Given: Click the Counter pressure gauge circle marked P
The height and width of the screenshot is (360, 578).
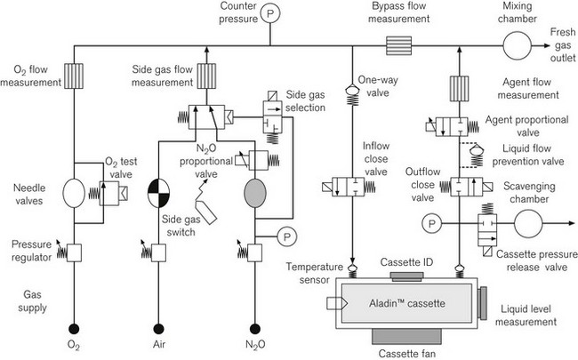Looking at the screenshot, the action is pyautogui.click(x=270, y=13).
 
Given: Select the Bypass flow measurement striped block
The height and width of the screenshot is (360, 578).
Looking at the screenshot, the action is pyautogui.click(x=399, y=45).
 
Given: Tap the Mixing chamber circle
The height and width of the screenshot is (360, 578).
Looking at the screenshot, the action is pyautogui.click(x=518, y=45).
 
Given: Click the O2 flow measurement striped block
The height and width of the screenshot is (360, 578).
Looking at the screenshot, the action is pyautogui.click(x=74, y=76).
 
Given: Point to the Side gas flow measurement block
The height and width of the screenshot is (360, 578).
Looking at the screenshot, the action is pyautogui.click(x=206, y=76).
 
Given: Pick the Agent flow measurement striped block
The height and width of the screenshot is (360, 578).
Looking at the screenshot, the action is pyautogui.click(x=460, y=88).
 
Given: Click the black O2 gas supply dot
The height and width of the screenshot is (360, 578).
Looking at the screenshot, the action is pyautogui.click(x=74, y=328).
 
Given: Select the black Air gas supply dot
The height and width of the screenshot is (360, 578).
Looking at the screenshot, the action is pyautogui.click(x=159, y=328).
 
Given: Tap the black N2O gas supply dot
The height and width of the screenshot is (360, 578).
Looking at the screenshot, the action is pyautogui.click(x=254, y=328).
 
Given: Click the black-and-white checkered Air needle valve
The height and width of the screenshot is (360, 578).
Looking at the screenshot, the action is pyautogui.click(x=159, y=193).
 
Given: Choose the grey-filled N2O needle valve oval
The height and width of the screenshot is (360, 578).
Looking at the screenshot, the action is pyautogui.click(x=255, y=193).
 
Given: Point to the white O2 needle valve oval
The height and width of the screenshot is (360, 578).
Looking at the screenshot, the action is pyautogui.click(x=74, y=193).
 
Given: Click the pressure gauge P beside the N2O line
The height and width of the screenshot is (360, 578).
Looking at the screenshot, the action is pyautogui.click(x=287, y=237).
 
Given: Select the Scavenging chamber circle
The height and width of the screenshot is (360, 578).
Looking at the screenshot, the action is pyautogui.click(x=528, y=224).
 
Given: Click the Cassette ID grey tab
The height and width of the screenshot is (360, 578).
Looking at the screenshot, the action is pyautogui.click(x=406, y=276).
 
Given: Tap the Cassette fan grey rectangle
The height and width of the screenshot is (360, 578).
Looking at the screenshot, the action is pyautogui.click(x=406, y=336).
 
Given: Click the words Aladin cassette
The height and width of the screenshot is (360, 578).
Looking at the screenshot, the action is pyautogui.click(x=407, y=304).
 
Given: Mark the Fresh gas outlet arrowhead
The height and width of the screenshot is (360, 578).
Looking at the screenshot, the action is pyautogui.click(x=546, y=45).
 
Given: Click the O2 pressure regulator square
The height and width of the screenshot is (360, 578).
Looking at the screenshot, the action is pyautogui.click(x=74, y=252).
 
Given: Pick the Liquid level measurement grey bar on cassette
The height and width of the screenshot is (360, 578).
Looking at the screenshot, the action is pyautogui.click(x=483, y=303).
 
